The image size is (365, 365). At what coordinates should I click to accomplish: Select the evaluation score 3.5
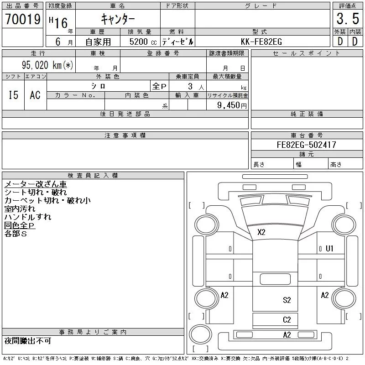click(x=347, y=20)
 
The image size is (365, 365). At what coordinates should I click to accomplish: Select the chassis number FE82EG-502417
click(x=307, y=145)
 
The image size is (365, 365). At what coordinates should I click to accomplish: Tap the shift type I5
click(x=14, y=95)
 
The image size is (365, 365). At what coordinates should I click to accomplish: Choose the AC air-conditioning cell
click(x=35, y=95)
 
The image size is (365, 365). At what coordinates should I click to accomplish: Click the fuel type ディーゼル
click(x=177, y=42)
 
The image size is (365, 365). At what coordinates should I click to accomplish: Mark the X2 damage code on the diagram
click(x=261, y=232)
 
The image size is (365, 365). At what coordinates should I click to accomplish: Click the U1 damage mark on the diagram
click(x=329, y=249)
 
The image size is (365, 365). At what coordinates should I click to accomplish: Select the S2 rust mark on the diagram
click(x=287, y=300)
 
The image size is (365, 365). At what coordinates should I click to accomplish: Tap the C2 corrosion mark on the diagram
click(x=287, y=319)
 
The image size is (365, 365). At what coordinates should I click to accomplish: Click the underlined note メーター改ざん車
click(x=36, y=184)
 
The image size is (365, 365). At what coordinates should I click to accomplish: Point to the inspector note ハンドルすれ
click(x=28, y=217)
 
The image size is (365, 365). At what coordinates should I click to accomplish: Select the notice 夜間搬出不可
click(x=28, y=341)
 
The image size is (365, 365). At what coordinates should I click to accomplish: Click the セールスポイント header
click(x=307, y=53)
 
